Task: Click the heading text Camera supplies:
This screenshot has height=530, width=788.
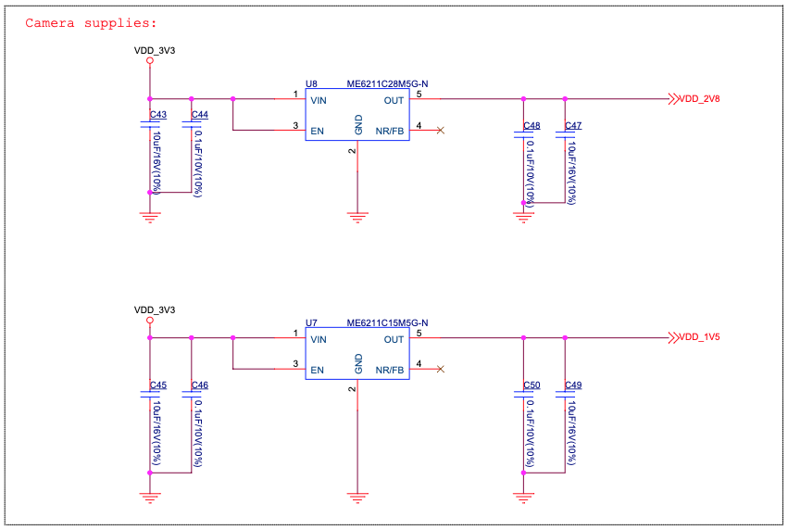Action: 91,23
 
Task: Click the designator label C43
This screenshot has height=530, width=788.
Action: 158,115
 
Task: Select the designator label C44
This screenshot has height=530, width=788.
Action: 200,115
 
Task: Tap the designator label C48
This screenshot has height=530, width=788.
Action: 531,125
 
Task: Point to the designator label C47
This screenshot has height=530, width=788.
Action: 573,125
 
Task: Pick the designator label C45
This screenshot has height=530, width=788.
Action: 158,385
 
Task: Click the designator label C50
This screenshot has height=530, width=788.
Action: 531,385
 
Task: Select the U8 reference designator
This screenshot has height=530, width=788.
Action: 311,83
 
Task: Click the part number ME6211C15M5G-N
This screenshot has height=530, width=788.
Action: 387,323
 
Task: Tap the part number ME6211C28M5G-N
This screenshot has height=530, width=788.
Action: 387,83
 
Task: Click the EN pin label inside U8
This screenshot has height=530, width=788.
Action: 318,131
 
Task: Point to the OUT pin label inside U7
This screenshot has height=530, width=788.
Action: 394,340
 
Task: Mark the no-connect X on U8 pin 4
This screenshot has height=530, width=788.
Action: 441,130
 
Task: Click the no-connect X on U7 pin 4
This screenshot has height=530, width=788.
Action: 441,370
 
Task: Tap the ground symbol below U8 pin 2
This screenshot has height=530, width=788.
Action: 357,217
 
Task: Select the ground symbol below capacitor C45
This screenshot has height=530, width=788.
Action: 149,497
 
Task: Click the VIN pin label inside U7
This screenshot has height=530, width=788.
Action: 319,340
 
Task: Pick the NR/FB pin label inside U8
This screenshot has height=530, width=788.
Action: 390,131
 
